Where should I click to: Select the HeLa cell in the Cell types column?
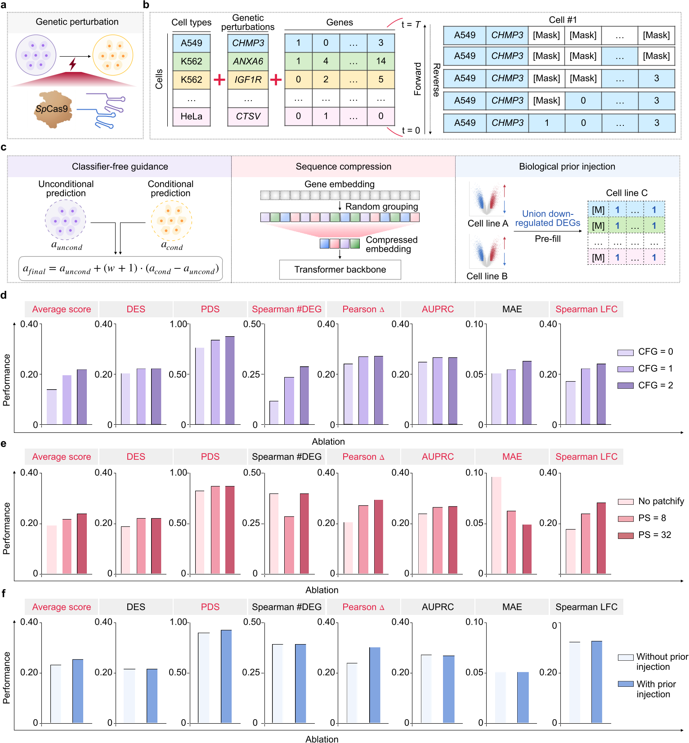192,116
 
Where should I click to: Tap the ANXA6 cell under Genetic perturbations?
248,61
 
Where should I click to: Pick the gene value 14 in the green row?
380,61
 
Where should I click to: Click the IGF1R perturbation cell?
248,80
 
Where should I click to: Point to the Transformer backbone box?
340,270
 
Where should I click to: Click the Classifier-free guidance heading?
120,167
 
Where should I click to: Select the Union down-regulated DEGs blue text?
547,218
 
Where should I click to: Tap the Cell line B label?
487,276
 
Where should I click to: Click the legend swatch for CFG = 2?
625,385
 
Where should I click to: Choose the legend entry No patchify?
661,501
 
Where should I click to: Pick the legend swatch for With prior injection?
626,684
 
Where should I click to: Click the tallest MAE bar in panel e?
496,525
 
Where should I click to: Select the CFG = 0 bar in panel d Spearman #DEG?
274,413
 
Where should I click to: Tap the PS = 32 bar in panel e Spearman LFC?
601,538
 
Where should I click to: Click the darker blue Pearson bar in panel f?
375,685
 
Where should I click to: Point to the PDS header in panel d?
210,309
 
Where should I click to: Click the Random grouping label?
381,207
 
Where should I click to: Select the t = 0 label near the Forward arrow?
411,130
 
